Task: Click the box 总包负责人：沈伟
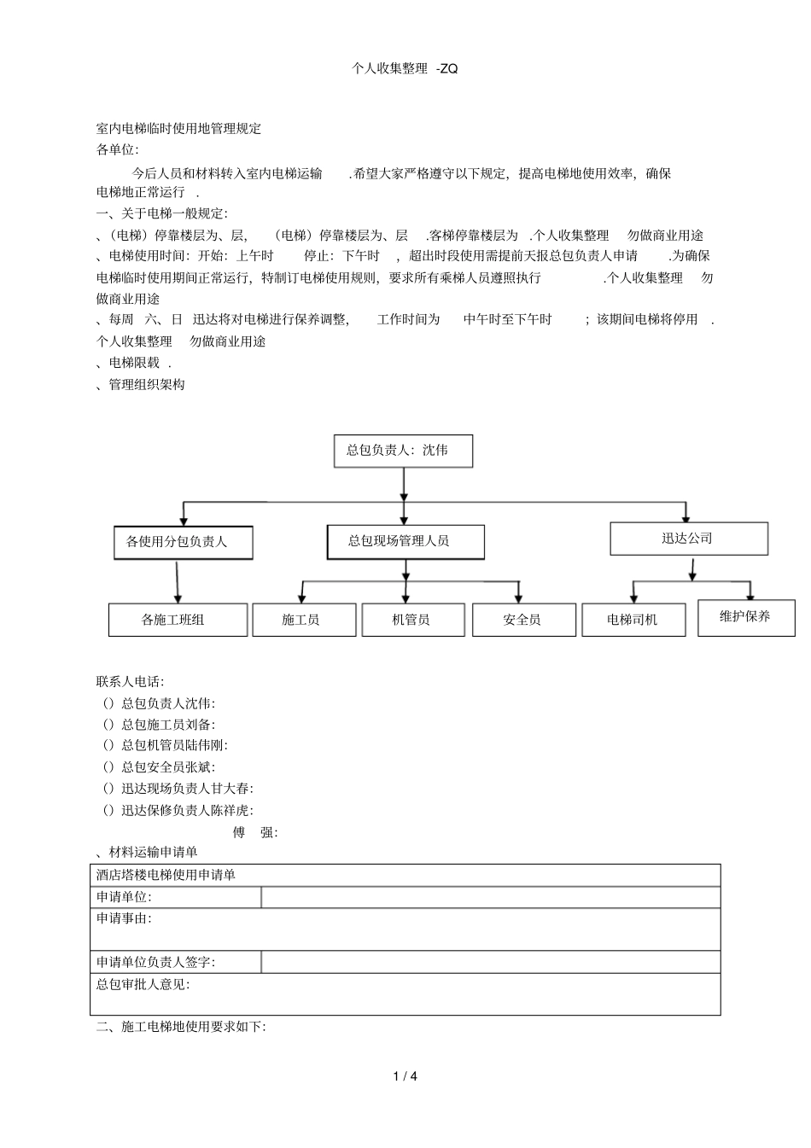point(402,451)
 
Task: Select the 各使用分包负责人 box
point(183,542)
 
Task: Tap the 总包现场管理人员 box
point(405,541)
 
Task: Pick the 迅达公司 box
point(688,539)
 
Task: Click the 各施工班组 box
point(178,620)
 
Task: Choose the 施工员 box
point(304,620)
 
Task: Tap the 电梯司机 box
point(633,620)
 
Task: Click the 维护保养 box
point(745,617)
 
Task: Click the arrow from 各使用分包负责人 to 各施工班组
point(177,581)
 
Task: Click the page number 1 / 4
point(405,1076)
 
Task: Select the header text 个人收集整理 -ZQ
point(405,69)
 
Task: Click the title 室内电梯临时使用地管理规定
point(178,129)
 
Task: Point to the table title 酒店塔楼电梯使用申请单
point(166,875)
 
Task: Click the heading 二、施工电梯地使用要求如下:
point(181,1027)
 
